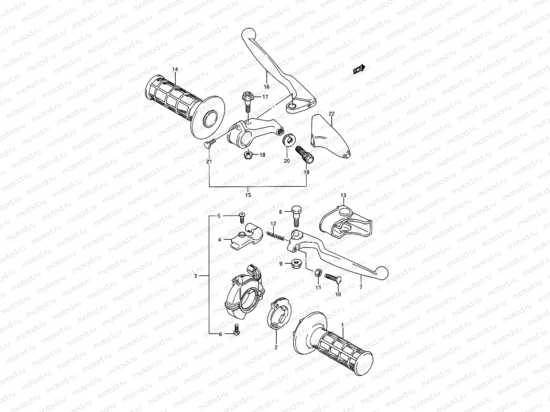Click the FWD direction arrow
[x=360, y=69]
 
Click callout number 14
[x=175, y=70]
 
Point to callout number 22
[x=331, y=114]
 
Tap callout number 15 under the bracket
[x=248, y=195]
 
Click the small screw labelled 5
[x=242, y=216]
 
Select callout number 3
[x=196, y=276]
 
